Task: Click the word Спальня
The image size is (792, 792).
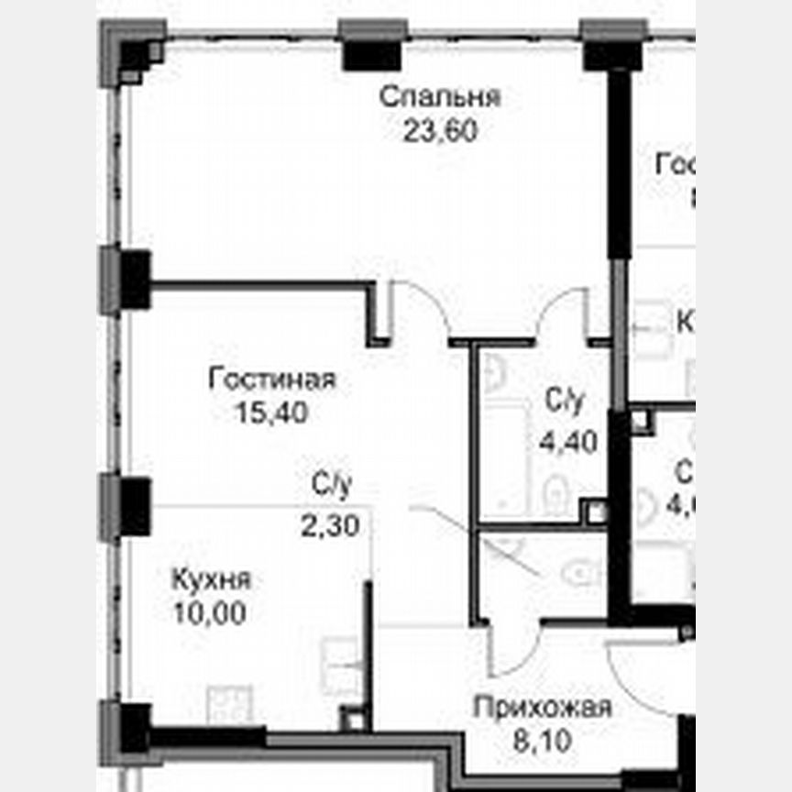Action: coord(439,97)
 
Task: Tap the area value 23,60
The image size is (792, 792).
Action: coord(440,131)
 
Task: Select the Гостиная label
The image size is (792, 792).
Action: coord(272,379)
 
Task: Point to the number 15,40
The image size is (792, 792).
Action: coord(271,412)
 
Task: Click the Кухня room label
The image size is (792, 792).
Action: coord(211,580)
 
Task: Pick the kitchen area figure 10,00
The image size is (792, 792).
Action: coord(210,613)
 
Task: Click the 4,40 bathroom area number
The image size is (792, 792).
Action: coord(568,443)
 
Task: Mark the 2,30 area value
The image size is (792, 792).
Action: coord(328,525)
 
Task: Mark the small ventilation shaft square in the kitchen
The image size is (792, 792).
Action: coord(352,719)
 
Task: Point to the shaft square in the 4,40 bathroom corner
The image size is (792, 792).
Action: coord(596,511)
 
